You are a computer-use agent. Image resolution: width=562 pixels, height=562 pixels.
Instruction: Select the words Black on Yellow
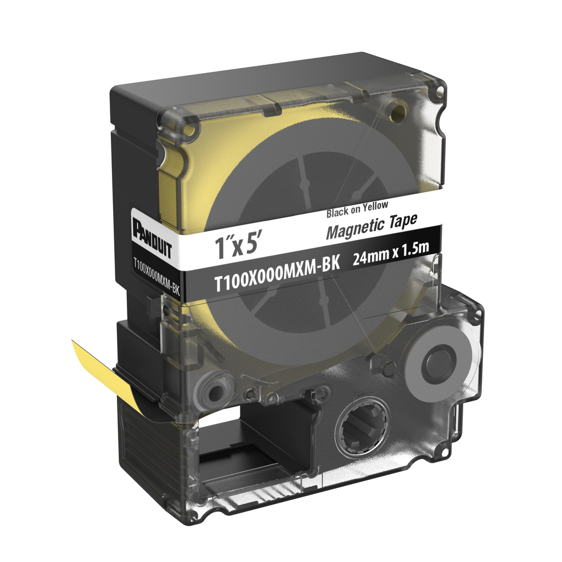tap(357, 209)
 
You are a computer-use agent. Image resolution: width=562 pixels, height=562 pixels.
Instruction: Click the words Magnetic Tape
tap(372, 226)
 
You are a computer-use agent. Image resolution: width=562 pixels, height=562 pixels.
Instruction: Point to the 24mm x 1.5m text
tap(391, 253)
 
